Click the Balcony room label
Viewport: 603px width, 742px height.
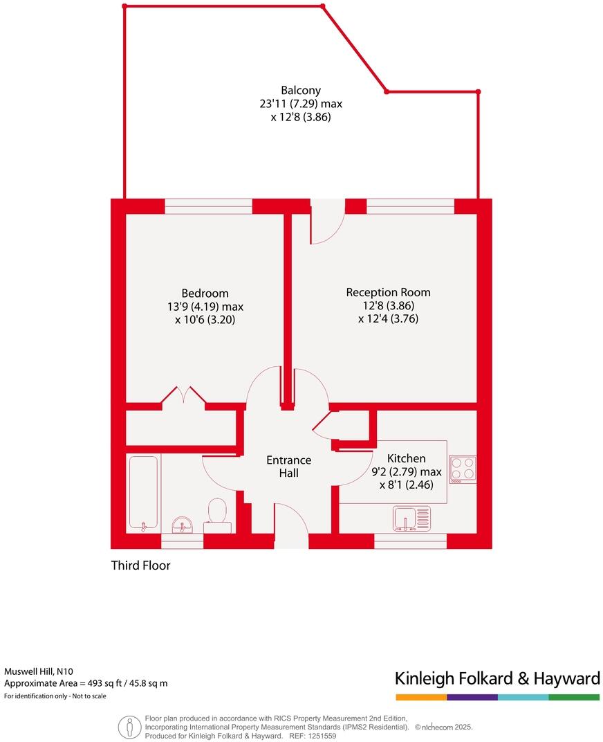301,91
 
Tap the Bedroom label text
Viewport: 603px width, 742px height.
205,293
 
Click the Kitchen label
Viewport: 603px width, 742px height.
406,458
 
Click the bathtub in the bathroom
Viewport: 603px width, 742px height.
144,492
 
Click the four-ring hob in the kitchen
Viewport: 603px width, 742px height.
462,469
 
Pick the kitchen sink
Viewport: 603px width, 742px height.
411,518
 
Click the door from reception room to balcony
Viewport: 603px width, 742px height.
327,223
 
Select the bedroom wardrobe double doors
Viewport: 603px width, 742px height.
183,396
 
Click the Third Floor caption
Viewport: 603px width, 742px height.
141,565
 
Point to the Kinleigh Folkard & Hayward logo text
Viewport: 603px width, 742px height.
497,678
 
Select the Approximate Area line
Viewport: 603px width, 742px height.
86,683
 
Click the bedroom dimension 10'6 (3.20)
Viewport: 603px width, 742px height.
205,320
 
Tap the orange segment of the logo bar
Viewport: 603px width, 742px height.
421,697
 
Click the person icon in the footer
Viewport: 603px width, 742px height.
128,726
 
